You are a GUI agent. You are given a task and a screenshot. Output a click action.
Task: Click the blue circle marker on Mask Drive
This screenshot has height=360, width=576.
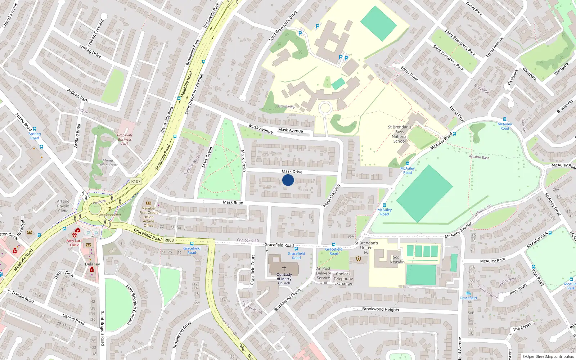tap(288, 180)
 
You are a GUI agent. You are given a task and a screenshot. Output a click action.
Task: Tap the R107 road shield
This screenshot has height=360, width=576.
tap(136, 181)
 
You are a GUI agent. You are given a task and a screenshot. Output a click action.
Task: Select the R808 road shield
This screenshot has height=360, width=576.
tap(169, 240)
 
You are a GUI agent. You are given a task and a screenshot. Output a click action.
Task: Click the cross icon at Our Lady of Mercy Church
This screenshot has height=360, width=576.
tap(284, 269)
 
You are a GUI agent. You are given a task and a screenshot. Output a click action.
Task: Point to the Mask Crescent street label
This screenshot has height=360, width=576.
tap(332, 196)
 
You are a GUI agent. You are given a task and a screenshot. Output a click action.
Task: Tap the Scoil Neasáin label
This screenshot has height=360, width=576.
tap(397, 260)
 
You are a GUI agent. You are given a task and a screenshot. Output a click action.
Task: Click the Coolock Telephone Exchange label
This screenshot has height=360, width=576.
tap(343, 279)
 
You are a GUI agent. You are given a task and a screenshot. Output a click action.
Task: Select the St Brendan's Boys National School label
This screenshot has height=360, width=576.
tap(400, 134)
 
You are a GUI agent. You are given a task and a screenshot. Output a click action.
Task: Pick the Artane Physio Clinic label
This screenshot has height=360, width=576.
tap(63, 206)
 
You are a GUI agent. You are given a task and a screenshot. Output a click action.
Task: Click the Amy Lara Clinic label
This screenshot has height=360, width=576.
tap(74, 243)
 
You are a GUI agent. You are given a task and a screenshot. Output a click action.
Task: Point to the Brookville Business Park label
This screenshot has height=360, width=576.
tap(125, 139)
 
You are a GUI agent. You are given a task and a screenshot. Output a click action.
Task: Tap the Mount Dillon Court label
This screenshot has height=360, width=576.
tap(108, 163)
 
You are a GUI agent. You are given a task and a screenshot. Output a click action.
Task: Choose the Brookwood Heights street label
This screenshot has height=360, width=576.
tap(381, 309)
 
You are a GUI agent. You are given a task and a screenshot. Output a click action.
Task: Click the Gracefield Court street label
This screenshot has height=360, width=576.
tap(253, 270)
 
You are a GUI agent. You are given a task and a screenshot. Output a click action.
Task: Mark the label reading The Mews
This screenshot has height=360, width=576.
tap(522, 327)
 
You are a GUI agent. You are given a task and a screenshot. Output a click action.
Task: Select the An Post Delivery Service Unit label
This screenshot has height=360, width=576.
tap(323, 275)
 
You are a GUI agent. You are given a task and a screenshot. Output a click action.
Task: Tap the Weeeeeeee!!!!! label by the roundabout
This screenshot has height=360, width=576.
tap(110, 215)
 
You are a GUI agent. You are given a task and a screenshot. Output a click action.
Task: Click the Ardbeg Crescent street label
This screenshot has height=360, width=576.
tap(96, 32)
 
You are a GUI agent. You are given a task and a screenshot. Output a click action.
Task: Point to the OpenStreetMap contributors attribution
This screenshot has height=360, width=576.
tap(548, 356)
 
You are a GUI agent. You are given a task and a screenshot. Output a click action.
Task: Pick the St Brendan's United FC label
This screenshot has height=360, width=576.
tap(366, 248)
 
